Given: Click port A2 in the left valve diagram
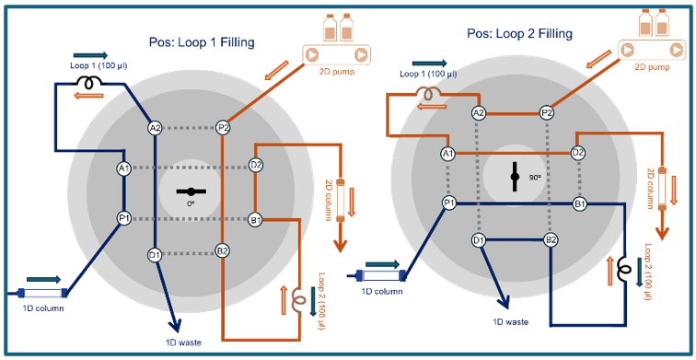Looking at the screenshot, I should coord(155,128).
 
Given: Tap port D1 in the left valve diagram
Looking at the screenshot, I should coord(155,254).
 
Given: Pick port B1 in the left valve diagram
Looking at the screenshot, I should coord(256,219).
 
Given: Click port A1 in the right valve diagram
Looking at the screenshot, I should coord(448,154).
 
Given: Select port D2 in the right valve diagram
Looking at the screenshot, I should coord(578,153).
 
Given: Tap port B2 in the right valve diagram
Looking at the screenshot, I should coord(551,240).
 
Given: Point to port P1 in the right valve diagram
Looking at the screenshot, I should coord(448,203).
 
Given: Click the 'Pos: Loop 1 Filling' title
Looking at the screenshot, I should coord(202,41).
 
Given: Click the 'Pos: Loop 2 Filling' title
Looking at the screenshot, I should coord(519,33).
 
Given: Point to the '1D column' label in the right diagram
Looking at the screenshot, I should coord(382,292).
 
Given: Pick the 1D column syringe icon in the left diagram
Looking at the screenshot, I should coord(46,294).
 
